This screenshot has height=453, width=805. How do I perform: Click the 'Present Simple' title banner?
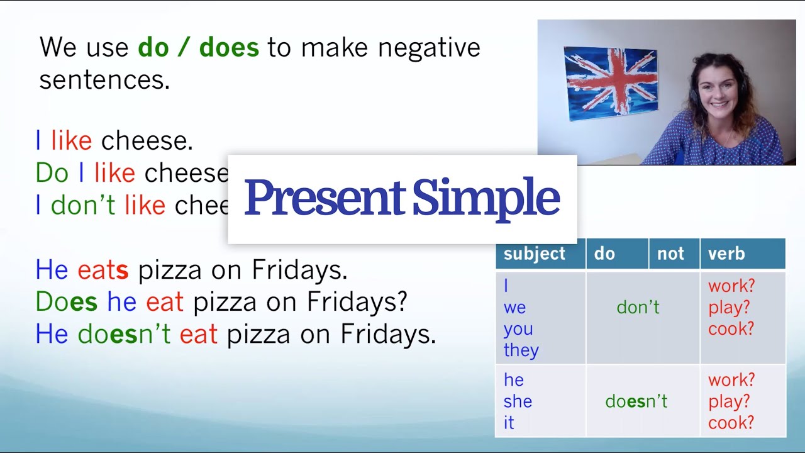(402, 198)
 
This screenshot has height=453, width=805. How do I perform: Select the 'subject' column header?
(535, 254)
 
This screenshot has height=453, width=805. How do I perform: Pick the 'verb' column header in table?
(726, 254)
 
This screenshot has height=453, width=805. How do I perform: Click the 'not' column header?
(670, 254)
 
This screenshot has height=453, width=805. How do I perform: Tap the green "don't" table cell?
(638, 307)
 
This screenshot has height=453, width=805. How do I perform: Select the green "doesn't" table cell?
(636, 401)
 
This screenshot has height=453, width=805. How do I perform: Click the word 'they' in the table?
(521, 350)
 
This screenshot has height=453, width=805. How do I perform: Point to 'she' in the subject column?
(518, 401)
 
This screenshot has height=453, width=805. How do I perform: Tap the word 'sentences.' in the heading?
(104, 81)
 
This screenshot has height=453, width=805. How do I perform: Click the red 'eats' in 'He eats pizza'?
(103, 271)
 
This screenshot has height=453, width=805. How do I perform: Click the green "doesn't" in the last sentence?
(124, 334)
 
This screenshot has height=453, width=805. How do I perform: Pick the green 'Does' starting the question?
(67, 302)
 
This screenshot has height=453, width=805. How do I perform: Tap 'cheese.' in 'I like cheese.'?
(147, 141)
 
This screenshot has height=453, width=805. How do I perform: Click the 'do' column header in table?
(604, 254)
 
